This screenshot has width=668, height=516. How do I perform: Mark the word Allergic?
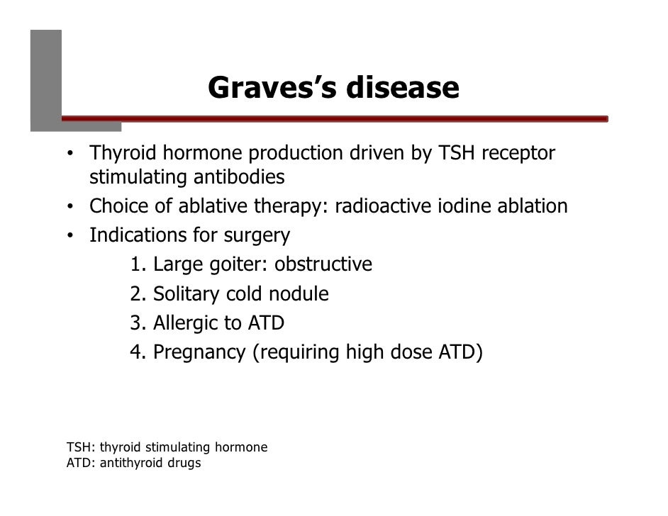click(185, 324)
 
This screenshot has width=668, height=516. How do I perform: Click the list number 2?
click(136, 294)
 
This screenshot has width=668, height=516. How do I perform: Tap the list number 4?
click(136, 352)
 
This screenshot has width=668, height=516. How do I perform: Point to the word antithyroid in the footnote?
click(122, 464)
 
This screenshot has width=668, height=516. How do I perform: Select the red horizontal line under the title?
click(333, 119)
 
